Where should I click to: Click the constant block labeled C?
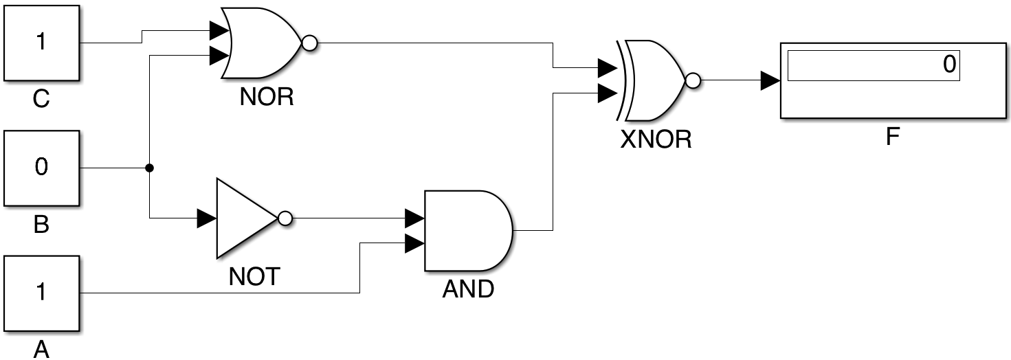(41, 43)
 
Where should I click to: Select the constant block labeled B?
(41, 168)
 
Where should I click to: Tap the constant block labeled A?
(41, 293)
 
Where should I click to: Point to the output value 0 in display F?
(948, 65)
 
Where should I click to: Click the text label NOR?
(267, 98)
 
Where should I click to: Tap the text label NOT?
(254, 277)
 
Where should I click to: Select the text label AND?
(468, 289)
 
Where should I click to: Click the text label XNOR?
(656, 139)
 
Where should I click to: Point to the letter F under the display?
(891, 137)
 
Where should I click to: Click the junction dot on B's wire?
(150, 168)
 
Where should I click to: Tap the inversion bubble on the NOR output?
(309, 43)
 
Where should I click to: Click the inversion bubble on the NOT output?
(285, 218)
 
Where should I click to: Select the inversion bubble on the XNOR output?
(693, 80)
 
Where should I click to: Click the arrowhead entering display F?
(770, 81)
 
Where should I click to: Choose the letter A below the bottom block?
(41, 350)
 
